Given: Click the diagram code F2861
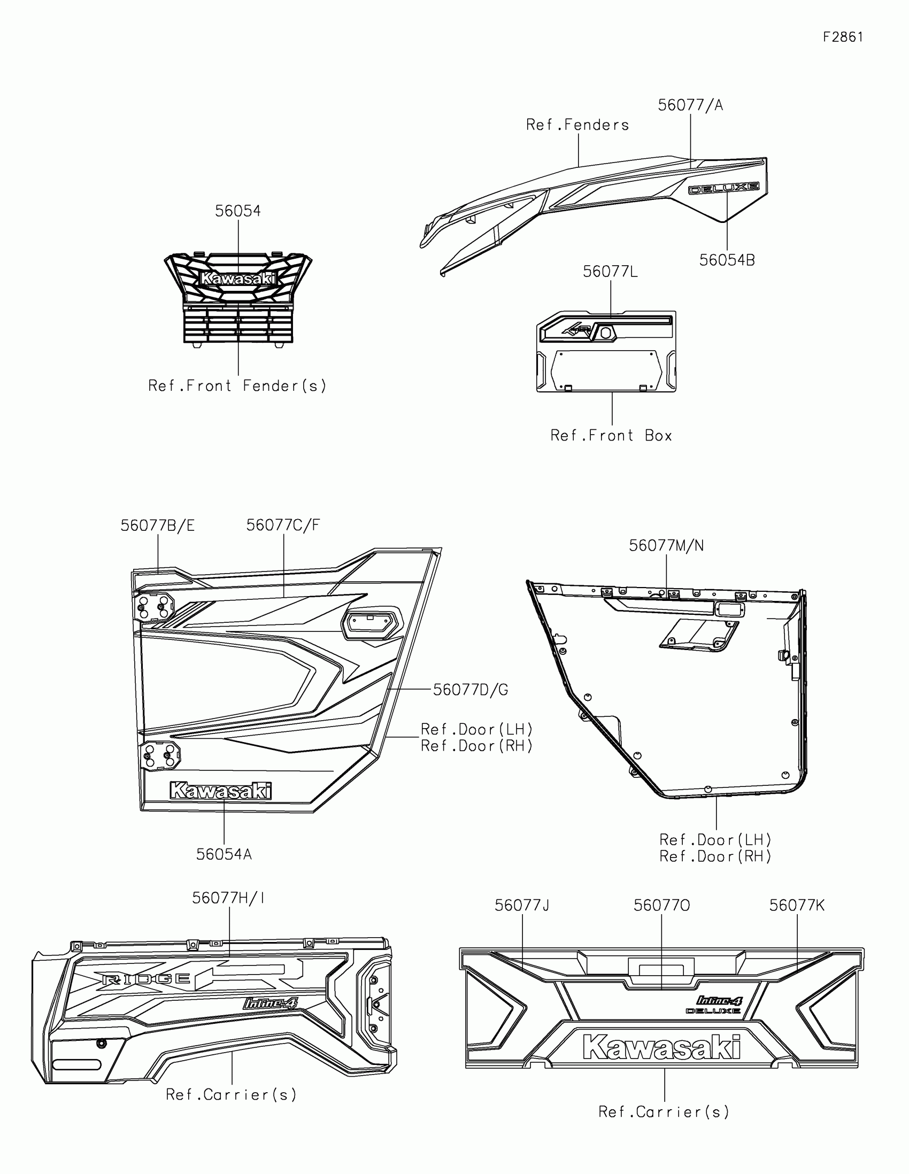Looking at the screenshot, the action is click(x=843, y=37).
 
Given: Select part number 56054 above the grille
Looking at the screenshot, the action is click(x=237, y=211).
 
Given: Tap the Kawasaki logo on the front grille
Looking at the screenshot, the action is click(x=238, y=279).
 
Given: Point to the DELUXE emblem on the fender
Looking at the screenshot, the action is click(x=724, y=188).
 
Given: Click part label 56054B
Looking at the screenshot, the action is click(x=727, y=260).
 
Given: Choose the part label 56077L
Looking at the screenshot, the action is click(x=610, y=272).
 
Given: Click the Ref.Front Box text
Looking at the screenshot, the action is click(x=611, y=435).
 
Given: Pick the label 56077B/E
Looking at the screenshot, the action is click(x=158, y=526).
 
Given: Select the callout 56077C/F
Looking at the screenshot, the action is click(x=283, y=525).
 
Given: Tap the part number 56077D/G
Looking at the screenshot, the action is click(x=471, y=690).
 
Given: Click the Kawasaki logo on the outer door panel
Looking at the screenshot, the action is click(x=220, y=791).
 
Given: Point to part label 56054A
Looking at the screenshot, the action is click(x=224, y=854).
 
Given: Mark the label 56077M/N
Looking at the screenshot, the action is click(x=666, y=546).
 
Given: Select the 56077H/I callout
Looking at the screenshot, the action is click(x=228, y=898).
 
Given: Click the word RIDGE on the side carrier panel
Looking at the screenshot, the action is click(x=146, y=979).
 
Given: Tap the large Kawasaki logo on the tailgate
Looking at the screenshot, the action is click(x=662, y=1047).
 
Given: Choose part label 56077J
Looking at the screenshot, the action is click(x=522, y=906).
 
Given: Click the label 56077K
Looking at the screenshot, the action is click(x=797, y=906).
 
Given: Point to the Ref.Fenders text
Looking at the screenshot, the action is click(x=577, y=125).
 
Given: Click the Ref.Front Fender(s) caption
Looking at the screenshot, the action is click(x=237, y=386).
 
